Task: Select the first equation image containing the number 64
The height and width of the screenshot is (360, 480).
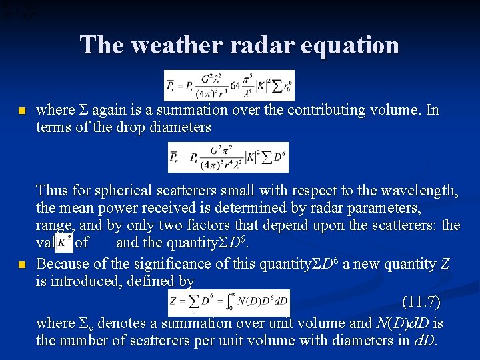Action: click(x=229, y=85)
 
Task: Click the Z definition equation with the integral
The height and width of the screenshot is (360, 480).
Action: click(x=229, y=302)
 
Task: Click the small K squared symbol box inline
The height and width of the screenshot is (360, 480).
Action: click(x=64, y=243)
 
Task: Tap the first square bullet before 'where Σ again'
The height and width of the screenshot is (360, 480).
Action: click(x=22, y=111)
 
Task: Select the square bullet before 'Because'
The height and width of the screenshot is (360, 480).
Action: click(x=22, y=265)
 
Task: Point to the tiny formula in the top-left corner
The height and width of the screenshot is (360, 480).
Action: click(x=19, y=9)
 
